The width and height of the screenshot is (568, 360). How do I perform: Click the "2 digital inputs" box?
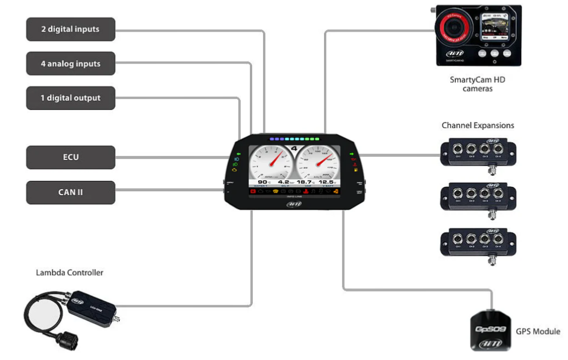[71, 29]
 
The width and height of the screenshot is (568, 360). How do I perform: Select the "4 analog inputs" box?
[71, 64]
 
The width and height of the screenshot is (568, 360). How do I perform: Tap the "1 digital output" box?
[71, 98]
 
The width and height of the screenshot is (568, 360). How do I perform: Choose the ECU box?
[71, 157]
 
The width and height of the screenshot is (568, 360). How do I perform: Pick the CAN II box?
[71, 192]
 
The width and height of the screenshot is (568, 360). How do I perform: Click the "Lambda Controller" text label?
[69, 272]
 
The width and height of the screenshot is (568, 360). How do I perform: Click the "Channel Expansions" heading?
[478, 125]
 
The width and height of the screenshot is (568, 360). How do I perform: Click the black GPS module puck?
[492, 331]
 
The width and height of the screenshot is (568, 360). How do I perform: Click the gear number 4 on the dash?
[295, 149]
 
